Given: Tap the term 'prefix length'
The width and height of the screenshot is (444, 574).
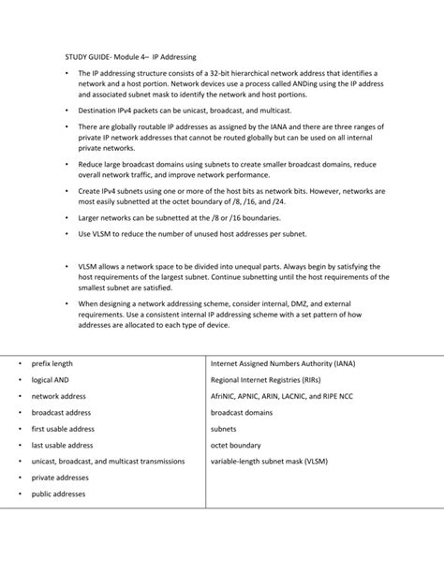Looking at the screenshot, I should pyautogui.click(x=52, y=363).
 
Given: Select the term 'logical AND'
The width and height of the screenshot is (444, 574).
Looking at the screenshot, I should pyautogui.click(x=50, y=379).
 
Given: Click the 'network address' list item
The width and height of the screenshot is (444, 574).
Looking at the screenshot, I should pyautogui.click(x=58, y=396).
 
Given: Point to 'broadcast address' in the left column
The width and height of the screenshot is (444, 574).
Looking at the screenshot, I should pyautogui.click(x=61, y=412).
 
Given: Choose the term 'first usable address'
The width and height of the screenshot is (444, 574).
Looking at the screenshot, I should pyautogui.click(x=63, y=429).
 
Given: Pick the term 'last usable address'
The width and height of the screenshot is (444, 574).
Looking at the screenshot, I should pyautogui.click(x=63, y=445).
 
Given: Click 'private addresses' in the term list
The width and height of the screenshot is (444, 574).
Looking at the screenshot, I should pyautogui.click(x=59, y=478).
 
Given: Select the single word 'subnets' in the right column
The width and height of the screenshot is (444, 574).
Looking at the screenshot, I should pyautogui.click(x=224, y=429).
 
